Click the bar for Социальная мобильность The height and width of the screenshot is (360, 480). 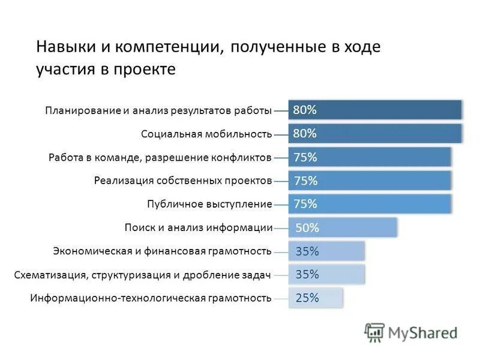tap(375, 133)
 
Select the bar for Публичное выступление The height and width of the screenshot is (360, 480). tap(370, 204)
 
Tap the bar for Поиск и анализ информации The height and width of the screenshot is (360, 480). tap(343, 228)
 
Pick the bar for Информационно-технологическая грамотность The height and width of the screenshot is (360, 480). tap(316, 298)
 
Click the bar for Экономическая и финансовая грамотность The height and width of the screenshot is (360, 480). tap(326, 251)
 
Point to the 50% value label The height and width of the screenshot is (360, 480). tap(307, 228)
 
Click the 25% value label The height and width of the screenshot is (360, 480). tap(307, 298)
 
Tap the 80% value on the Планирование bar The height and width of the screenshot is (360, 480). tap(305, 110)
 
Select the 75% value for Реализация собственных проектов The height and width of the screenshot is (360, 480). tap(305, 181)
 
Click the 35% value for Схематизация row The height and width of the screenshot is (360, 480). tap(307, 275)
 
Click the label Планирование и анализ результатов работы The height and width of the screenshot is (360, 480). tap(158, 110)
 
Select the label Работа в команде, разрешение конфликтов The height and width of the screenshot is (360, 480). tap(160, 157)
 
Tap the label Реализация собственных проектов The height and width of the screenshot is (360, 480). tap(183, 181)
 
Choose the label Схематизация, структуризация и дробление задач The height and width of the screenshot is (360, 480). tap(142, 275)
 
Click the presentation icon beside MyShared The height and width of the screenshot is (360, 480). tap(374, 332)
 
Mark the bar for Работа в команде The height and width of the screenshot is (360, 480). tap(370, 157)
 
